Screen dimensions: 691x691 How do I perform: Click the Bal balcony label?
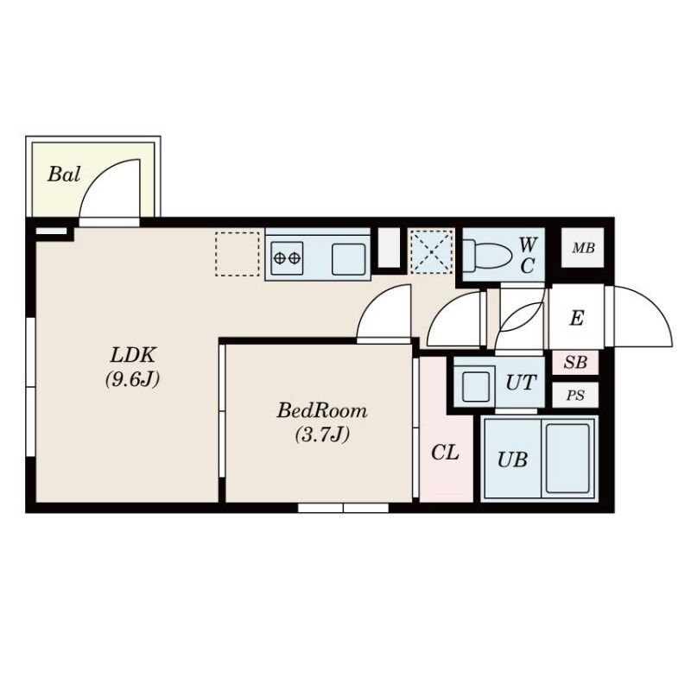click(64, 174)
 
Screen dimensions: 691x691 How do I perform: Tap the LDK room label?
click(133, 355)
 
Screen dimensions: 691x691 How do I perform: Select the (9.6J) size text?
click(132, 379)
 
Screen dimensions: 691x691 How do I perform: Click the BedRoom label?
click(321, 411)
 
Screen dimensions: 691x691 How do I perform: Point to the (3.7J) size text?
click(322, 434)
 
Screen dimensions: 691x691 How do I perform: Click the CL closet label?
click(445, 453)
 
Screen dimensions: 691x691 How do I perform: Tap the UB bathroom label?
click(512, 460)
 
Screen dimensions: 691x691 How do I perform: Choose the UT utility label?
click(522, 383)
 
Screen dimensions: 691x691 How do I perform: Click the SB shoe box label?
click(575, 362)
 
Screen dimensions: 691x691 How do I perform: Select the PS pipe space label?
click(575, 396)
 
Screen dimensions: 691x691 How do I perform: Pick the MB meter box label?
click(583, 248)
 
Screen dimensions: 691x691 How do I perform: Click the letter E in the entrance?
click(576, 318)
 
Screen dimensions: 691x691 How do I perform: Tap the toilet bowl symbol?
click(487, 254)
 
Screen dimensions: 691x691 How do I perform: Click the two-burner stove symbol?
click(287, 257)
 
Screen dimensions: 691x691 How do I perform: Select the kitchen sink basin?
click(349, 259)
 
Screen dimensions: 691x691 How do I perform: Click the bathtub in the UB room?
click(567, 459)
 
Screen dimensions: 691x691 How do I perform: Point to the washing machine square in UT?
click(476, 386)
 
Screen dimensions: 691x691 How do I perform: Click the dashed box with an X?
click(431, 252)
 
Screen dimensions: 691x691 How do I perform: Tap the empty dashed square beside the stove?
click(238, 254)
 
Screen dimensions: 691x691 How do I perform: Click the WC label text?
click(528, 255)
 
